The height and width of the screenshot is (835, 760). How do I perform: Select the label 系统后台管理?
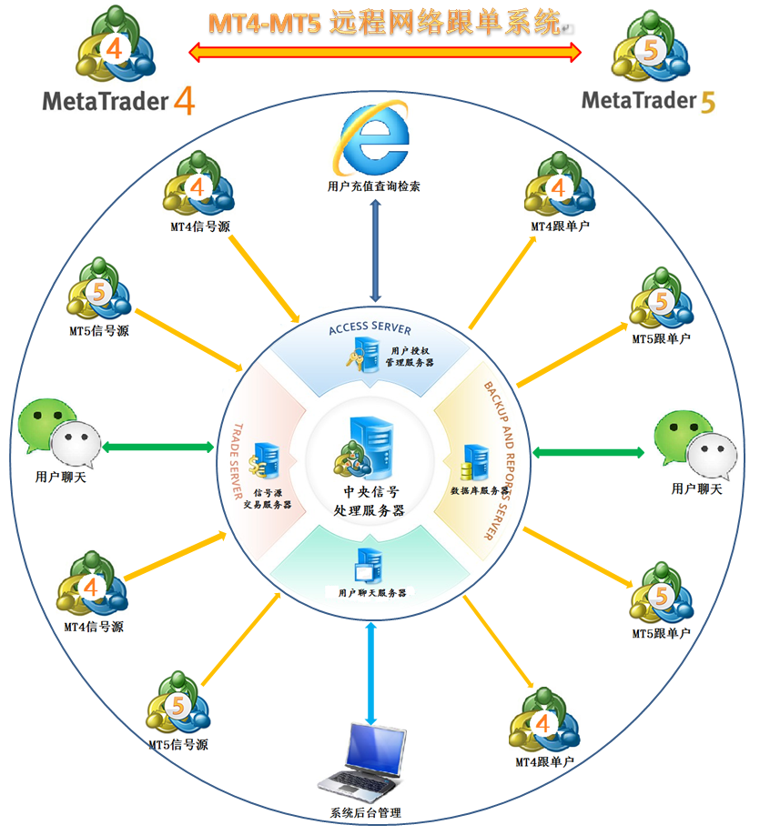(x=366, y=813)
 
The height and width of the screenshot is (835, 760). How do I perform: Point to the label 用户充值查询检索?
(x=373, y=186)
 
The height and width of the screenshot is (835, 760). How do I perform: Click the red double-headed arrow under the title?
(x=385, y=52)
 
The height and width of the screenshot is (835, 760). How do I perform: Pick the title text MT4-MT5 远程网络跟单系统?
(x=385, y=23)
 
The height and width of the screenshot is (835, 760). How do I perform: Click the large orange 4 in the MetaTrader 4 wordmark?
(x=184, y=101)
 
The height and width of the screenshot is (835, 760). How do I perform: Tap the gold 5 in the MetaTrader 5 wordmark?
(x=708, y=102)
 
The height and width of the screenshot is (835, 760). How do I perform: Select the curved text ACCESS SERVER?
(x=370, y=327)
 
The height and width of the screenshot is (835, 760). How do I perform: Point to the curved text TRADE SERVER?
(x=238, y=461)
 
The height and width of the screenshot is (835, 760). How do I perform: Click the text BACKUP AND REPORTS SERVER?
(x=500, y=460)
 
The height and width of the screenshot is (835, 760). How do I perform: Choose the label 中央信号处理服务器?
(x=370, y=501)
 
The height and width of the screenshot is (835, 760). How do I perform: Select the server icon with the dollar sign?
(x=264, y=460)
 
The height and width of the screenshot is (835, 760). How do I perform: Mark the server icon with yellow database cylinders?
(x=475, y=462)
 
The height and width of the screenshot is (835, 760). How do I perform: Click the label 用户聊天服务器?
(x=372, y=593)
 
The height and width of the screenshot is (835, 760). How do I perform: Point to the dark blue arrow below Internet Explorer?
(x=375, y=251)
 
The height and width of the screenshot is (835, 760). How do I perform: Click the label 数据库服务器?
(x=479, y=490)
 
